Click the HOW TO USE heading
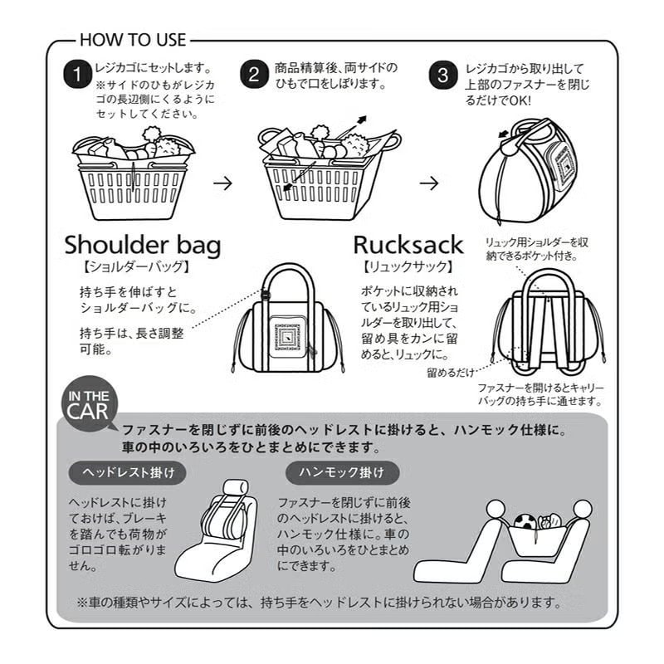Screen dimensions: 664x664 pyautogui.click(x=133, y=39)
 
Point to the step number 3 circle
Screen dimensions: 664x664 pyautogui.click(x=443, y=74)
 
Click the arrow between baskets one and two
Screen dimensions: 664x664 pyautogui.click(x=222, y=183)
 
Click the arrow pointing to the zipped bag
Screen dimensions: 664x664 pyautogui.click(x=428, y=183)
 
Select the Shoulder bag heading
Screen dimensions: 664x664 pyautogui.click(x=143, y=245)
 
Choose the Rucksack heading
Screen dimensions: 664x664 pyautogui.click(x=408, y=245)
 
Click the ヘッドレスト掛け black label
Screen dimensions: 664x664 pyautogui.click(x=127, y=473)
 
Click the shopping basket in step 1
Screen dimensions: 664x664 pyautogui.click(x=133, y=183)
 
